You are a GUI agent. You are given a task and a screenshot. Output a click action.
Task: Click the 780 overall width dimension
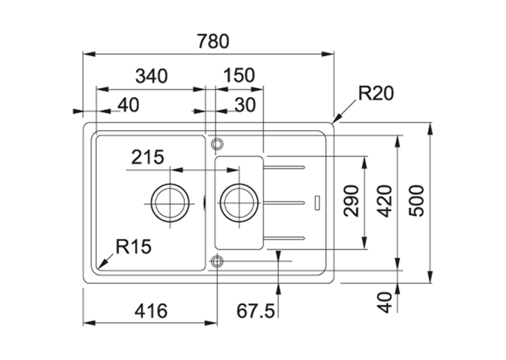tap(213, 42)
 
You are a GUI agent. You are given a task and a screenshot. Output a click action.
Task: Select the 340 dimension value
tap(151, 77)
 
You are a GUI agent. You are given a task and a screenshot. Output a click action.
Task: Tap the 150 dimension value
tap(239, 75)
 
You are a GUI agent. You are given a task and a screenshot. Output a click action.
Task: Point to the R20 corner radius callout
tap(377, 94)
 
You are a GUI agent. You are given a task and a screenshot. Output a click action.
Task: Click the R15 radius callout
tap(133, 247)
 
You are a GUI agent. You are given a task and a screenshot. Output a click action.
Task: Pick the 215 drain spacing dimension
tap(148, 157)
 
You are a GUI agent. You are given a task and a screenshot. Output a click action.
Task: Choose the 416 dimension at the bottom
tap(151, 311)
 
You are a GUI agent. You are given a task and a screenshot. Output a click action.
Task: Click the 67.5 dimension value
tap(256, 311)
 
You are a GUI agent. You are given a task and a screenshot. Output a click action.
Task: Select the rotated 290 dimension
tap(351, 201)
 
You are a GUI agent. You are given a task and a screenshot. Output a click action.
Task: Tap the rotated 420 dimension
tap(384, 201)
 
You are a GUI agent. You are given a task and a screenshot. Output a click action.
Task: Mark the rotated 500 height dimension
tap(416, 201)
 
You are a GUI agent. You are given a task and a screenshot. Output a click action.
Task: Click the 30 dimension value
tap(245, 105)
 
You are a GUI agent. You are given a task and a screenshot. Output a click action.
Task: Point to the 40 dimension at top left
tap(128, 105)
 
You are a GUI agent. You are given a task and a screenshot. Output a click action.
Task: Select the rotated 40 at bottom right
tap(384, 303)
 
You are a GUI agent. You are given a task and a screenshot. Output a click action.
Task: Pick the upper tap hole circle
tap(217, 139)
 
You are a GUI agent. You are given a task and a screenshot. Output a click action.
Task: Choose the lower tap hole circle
tap(217, 256)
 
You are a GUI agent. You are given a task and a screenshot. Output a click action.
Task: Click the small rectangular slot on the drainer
tap(318, 202)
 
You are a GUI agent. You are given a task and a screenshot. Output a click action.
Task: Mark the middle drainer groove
tap(284, 203)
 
